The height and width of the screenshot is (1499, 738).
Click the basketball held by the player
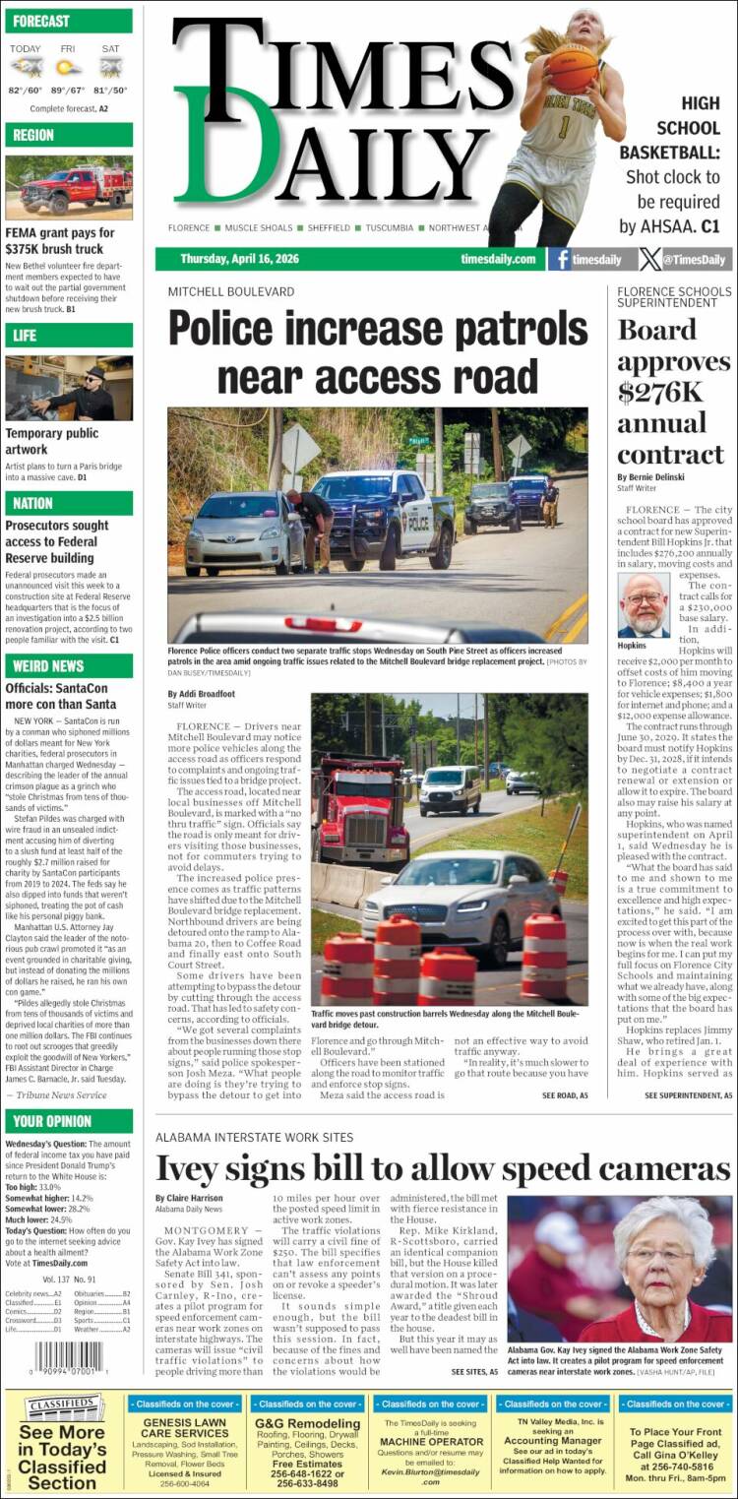pos(572,69)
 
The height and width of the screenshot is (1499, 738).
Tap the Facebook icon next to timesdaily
pos(561,260)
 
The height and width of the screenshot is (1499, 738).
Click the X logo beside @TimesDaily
pos(650,260)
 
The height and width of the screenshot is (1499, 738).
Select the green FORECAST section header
pos(68,21)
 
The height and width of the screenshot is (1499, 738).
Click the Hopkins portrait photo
pos(644,604)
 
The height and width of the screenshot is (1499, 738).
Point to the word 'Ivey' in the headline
pos(191,1168)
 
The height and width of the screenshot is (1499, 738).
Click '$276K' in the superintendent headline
pos(660,392)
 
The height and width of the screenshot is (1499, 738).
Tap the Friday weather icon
pos(69,67)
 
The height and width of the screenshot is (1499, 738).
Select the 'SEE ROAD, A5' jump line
pos(565,1095)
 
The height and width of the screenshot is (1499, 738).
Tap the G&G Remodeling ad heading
pos(308,1423)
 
